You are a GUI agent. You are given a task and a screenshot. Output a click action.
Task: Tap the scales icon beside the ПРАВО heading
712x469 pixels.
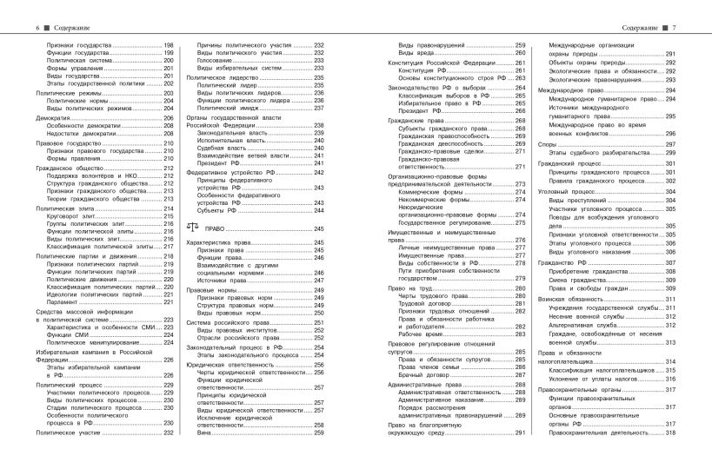click(192, 228)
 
